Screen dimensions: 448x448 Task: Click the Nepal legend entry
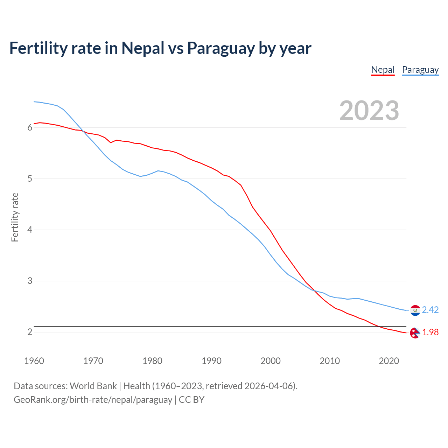(x=383, y=70)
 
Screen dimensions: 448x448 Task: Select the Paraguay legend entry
(x=420, y=70)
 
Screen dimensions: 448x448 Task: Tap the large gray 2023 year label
(x=369, y=111)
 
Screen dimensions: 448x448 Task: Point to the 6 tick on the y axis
(x=30, y=128)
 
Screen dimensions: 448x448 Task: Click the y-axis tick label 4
(x=30, y=230)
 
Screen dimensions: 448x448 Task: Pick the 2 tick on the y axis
(x=30, y=332)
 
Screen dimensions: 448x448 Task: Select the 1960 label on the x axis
(x=34, y=361)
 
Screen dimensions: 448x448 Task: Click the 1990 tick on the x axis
(x=211, y=361)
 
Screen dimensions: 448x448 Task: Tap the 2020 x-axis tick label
(x=389, y=361)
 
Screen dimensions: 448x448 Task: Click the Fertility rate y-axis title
(x=15, y=217)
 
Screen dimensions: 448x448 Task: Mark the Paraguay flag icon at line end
(x=415, y=310)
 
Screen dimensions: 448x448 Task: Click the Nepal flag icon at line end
(x=415, y=333)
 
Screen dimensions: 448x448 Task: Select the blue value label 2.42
(x=430, y=310)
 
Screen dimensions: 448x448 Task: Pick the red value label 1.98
(x=430, y=332)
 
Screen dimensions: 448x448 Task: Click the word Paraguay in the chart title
(x=220, y=48)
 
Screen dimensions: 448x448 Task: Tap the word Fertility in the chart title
(x=38, y=48)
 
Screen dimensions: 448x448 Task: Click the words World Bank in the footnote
(x=93, y=386)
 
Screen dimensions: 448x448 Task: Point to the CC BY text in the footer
(x=191, y=400)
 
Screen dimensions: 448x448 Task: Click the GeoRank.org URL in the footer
(x=93, y=400)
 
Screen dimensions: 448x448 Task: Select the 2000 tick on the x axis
(x=271, y=361)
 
